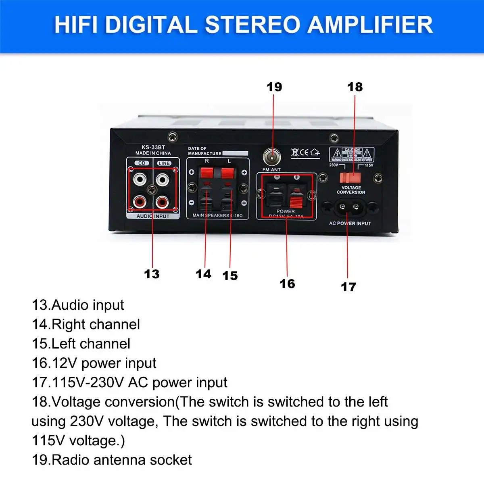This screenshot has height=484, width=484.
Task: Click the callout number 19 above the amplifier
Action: (x=274, y=87)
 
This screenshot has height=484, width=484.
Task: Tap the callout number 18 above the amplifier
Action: (x=355, y=87)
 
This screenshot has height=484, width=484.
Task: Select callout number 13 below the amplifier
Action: (x=152, y=274)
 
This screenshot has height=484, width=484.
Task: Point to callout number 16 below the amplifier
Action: (x=287, y=284)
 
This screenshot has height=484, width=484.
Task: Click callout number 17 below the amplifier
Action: (x=348, y=287)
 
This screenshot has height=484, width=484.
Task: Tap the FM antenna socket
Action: (x=272, y=156)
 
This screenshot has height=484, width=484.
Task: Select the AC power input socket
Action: (x=349, y=207)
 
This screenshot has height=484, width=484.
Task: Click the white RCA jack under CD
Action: (x=140, y=179)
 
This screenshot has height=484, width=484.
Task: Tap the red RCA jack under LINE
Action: (x=163, y=201)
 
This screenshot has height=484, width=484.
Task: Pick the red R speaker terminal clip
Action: (x=206, y=173)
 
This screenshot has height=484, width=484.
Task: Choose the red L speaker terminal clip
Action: (x=227, y=173)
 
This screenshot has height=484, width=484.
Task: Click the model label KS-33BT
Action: (x=153, y=147)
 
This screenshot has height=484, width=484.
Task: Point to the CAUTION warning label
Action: (x=352, y=154)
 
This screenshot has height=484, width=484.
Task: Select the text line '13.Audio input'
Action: (x=78, y=305)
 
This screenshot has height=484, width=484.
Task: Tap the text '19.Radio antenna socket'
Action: (x=112, y=460)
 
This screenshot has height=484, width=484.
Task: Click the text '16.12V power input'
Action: (x=94, y=363)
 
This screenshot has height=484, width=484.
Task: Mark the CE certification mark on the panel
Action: (x=305, y=152)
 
